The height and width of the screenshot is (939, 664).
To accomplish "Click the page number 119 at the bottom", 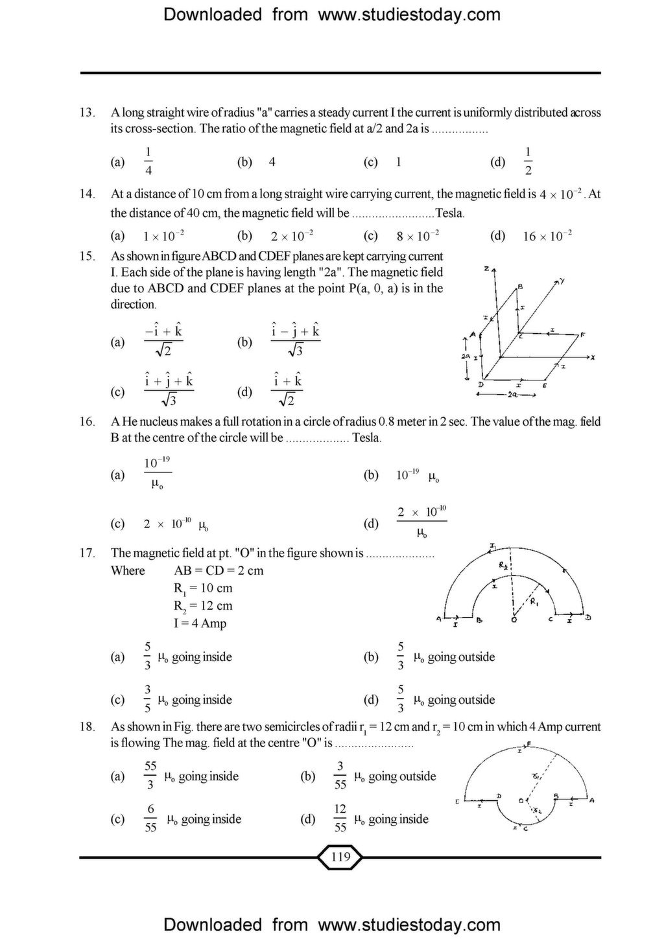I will (340, 857).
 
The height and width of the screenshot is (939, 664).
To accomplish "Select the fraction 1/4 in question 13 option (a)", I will (148, 161).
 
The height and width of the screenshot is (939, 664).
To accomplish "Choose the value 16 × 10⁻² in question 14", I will (547, 236).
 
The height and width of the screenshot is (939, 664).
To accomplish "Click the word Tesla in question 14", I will (449, 213).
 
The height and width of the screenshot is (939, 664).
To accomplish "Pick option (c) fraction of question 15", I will (169, 390).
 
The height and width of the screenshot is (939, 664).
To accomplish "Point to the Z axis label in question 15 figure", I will (487, 268).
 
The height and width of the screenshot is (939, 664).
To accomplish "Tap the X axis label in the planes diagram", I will (593, 358).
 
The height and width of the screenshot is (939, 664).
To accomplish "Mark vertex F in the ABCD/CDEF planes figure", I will (582, 334).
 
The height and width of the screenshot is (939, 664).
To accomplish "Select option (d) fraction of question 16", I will (421, 522).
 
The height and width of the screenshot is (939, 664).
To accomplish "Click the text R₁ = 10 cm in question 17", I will (202, 588).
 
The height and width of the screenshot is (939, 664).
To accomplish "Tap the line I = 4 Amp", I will (200, 623).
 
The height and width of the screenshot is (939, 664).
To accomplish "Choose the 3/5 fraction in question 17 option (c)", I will (148, 699).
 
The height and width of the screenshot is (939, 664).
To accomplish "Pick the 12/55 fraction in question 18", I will (340, 818).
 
